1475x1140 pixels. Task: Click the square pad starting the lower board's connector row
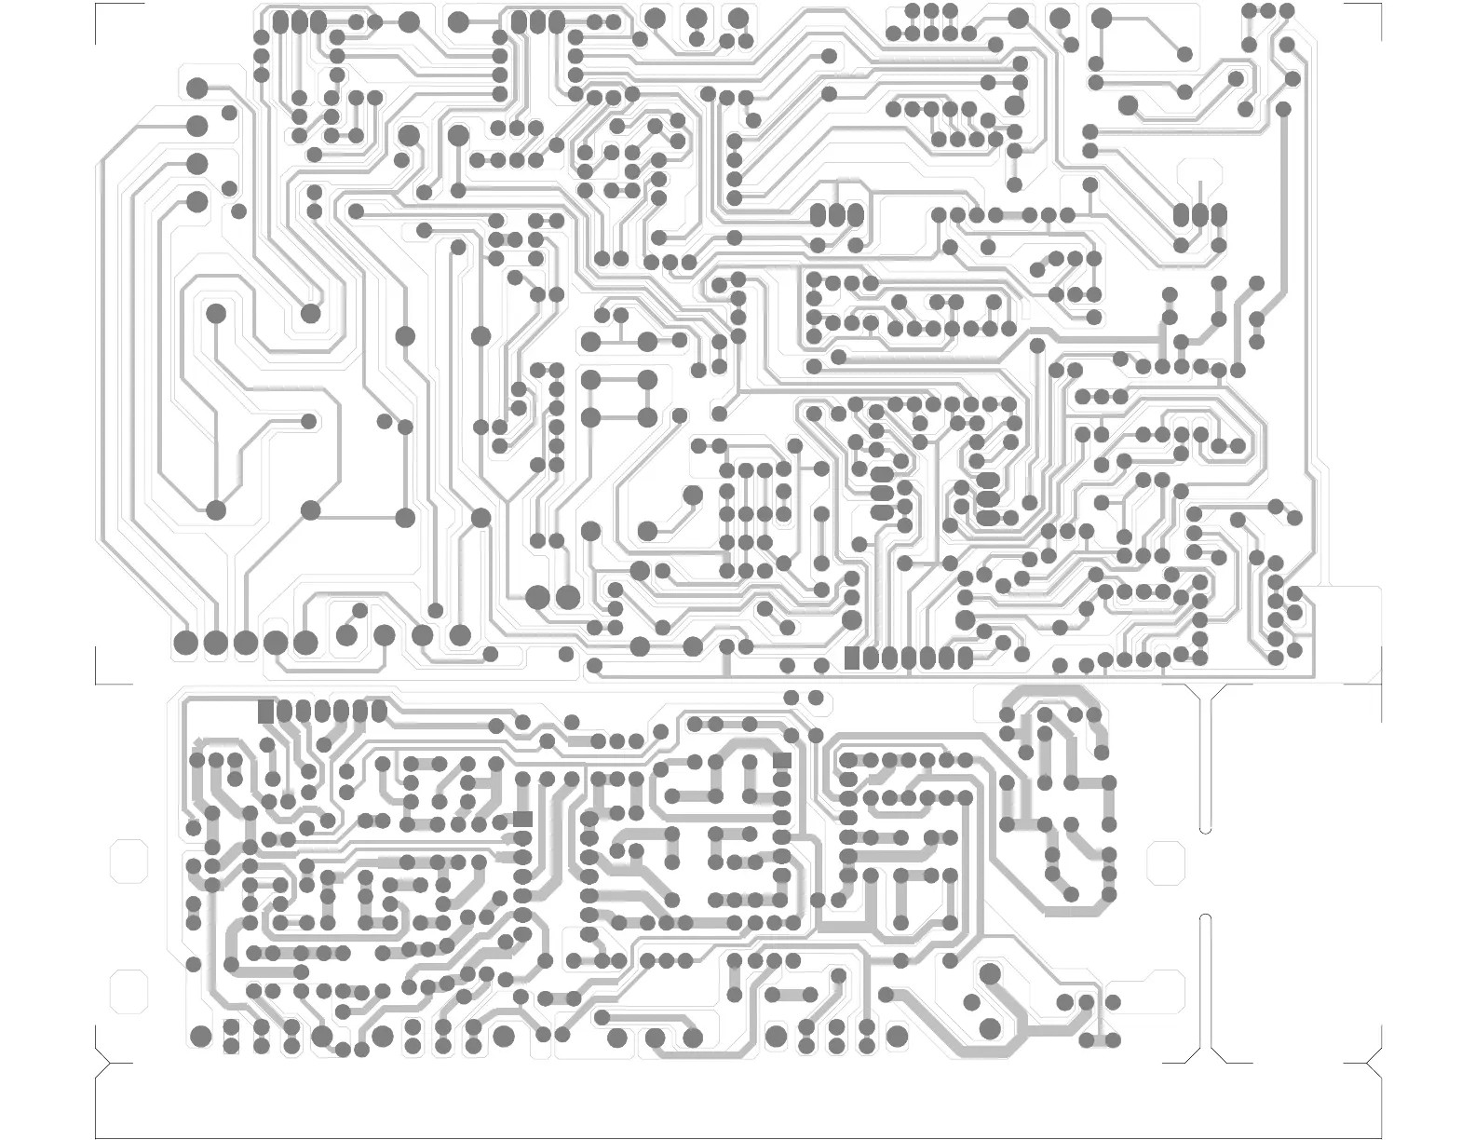coord(267,712)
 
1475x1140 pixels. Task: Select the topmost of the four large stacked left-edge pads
coord(197,88)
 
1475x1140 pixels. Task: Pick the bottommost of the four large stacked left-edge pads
coord(197,201)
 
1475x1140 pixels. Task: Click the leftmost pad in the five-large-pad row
coord(186,643)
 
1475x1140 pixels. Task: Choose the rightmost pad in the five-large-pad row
coord(305,643)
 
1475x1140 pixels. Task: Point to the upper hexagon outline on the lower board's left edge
coord(129,862)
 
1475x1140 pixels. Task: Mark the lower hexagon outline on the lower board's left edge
coord(129,991)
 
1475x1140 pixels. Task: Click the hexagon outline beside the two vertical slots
coord(1165,862)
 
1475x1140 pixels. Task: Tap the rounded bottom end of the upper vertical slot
coord(1206,827)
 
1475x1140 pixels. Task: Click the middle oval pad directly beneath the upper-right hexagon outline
coord(1199,216)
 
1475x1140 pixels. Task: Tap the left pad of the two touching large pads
coord(538,597)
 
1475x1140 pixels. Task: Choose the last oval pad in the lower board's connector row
coord(379,712)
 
